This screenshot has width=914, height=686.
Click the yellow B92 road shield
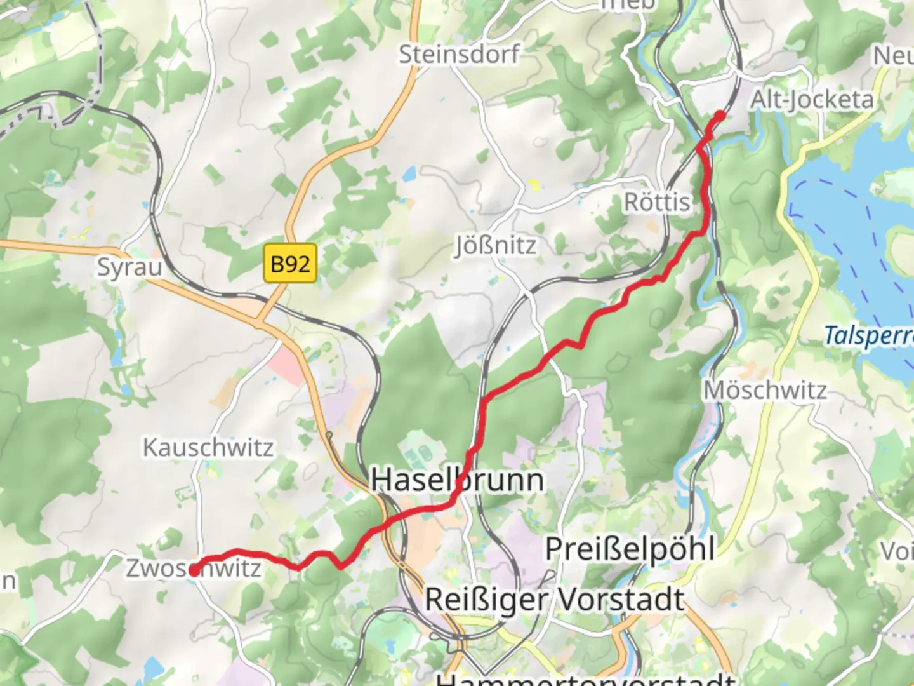(290, 263)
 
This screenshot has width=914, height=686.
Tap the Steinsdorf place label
(459, 54)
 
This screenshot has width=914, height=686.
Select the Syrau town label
(129, 267)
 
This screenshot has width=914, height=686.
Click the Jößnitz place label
(496, 245)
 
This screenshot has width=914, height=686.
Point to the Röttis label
(657, 203)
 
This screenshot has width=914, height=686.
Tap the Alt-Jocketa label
(812, 100)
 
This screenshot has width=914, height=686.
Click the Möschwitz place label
(765, 390)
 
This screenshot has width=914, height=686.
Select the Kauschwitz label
(208, 448)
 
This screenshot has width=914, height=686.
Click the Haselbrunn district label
(457, 480)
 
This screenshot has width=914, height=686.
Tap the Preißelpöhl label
(630, 549)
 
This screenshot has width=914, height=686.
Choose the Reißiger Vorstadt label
(555, 599)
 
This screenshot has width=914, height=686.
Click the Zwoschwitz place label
(194, 568)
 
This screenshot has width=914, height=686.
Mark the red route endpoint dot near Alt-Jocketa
(720, 115)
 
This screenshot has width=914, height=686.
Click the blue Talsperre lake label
(868, 335)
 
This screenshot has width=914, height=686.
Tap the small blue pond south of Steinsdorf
(410, 172)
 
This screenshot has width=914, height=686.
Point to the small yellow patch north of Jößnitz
(534, 185)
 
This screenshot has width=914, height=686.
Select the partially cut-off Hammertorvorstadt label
(584, 678)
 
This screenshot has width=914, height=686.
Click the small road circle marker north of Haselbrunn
(329, 435)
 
